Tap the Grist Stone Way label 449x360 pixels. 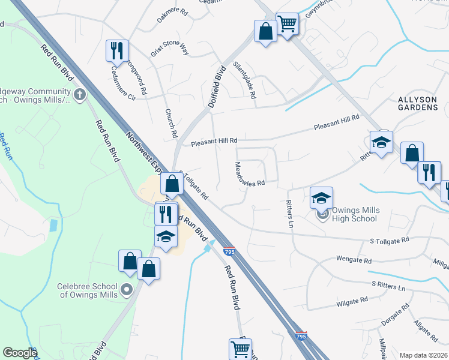[170, 45]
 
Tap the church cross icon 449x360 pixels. [80, 94]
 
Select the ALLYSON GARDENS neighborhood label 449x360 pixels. [418, 103]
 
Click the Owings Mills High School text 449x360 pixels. [348, 215]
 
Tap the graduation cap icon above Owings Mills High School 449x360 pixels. [322, 198]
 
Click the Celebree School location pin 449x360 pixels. [126, 290]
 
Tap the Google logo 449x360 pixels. [19, 353]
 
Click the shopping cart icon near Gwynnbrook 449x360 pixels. [287, 25]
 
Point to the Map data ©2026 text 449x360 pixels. [423, 355]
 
